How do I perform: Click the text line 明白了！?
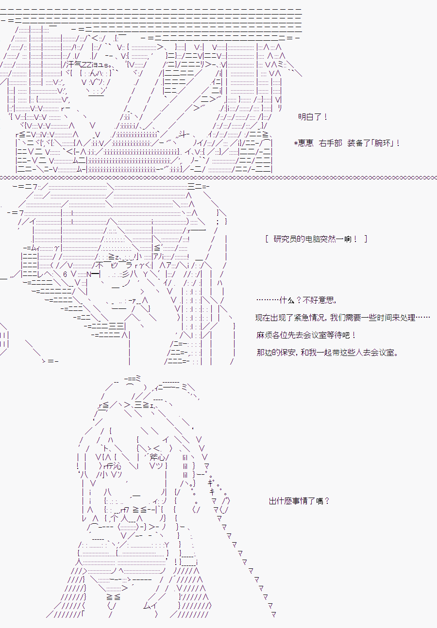[313, 117]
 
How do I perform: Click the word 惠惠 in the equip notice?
[305, 143]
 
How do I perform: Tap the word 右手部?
[330, 143]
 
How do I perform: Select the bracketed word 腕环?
[383, 143]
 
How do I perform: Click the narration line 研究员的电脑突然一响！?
[316, 239]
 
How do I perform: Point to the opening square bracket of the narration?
[267, 239]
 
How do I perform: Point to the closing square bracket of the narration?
[366, 239]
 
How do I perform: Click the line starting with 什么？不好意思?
[296, 300]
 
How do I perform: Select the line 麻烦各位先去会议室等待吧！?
[306, 335]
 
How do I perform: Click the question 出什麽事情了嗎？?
[299, 501]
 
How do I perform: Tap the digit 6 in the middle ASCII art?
[65, 274]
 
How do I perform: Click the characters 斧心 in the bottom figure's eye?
[157, 457]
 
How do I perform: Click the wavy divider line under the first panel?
[218, 177]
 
